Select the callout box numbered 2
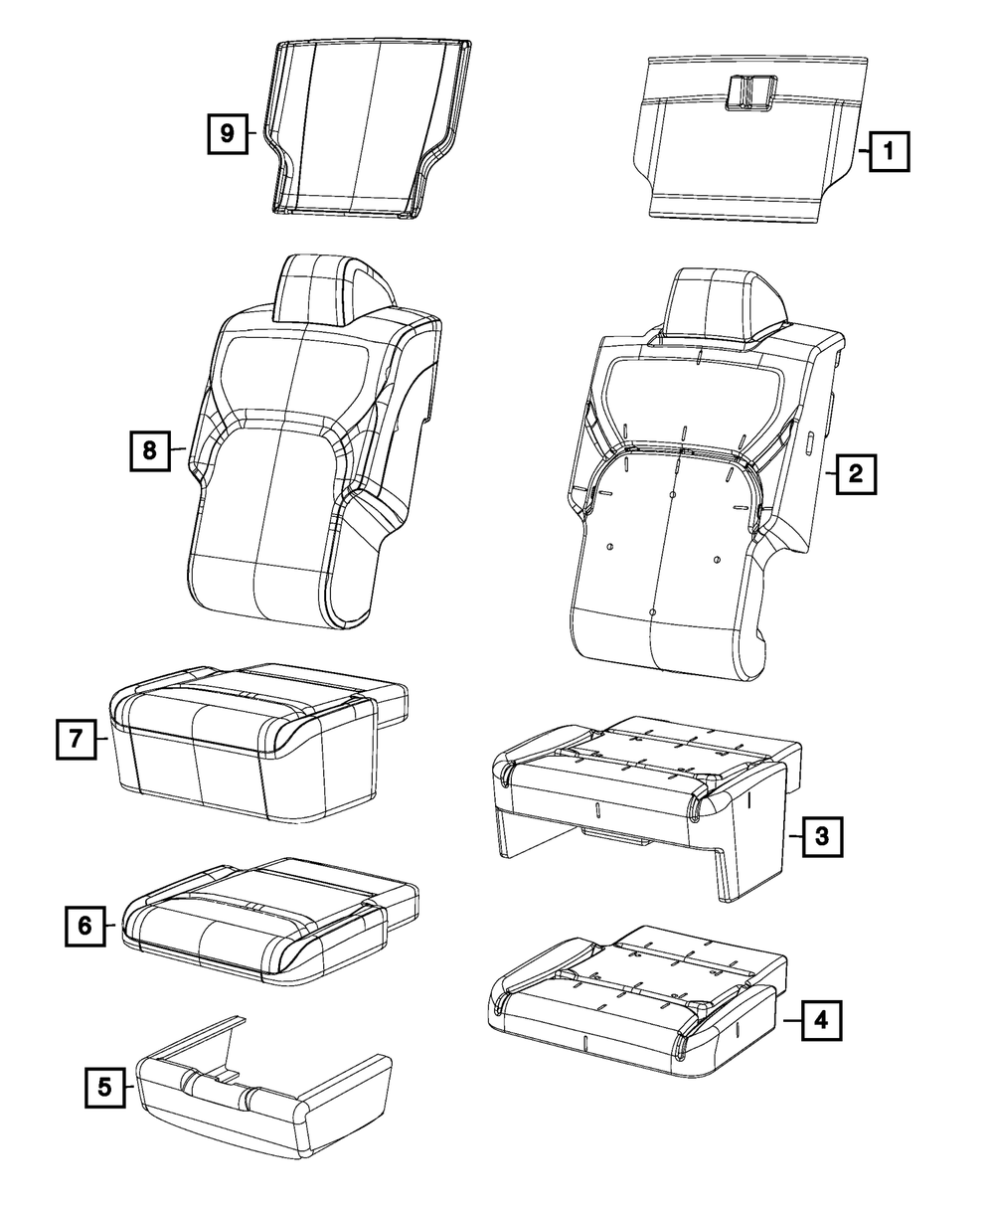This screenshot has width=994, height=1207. (x=856, y=474)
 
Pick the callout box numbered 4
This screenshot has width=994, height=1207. (x=819, y=1019)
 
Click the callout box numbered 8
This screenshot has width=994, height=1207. (x=149, y=450)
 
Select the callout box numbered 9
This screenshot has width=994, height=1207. (x=228, y=133)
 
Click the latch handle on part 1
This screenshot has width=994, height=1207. (x=750, y=92)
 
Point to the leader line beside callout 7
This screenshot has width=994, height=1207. (x=102, y=739)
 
